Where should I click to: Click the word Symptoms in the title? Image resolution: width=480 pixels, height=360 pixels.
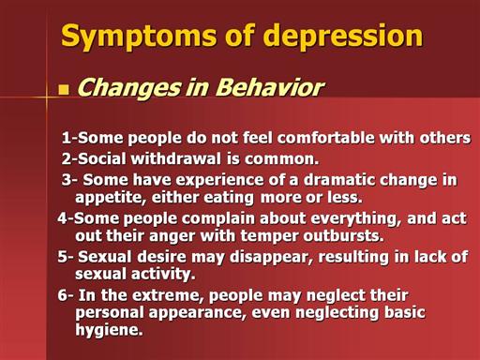click(139, 36)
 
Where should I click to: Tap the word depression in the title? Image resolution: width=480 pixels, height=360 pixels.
click(344, 35)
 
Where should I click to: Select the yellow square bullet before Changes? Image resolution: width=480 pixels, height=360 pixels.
click(64, 90)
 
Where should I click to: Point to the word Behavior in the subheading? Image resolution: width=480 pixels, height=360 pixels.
click(270, 87)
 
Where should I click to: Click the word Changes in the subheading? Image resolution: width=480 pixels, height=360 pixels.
click(129, 88)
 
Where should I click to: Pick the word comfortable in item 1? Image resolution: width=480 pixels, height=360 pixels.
click(325, 138)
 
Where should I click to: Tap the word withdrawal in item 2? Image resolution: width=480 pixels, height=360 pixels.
click(176, 158)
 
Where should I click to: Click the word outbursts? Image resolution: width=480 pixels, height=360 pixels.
click(343, 235)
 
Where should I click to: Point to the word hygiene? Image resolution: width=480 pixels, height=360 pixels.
click(109, 330)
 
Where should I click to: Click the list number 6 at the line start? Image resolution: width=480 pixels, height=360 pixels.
click(62, 295)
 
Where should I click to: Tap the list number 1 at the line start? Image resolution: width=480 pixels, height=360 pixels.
click(67, 138)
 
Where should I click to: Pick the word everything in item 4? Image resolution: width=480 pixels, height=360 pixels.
click(356, 218)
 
